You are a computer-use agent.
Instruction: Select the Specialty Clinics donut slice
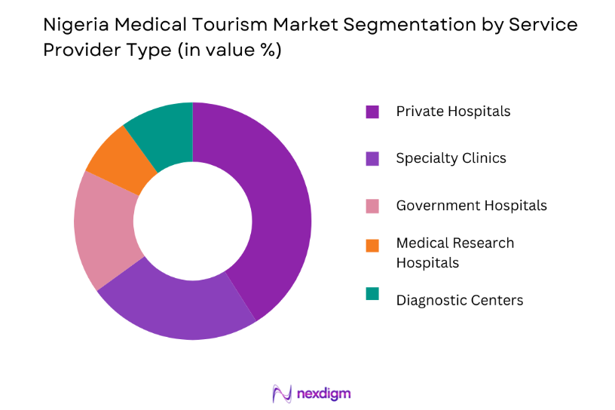pyautogui.click(x=181, y=305)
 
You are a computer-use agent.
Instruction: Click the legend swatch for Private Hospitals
pyautogui.click(x=372, y=112)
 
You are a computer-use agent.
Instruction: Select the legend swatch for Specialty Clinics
pyautogui.click(x=372, y=158)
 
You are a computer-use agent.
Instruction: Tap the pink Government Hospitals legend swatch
pyautogui.click(x=372, y=206)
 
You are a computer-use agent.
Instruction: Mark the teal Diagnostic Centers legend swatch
pyautogui.click(x=372, y=293)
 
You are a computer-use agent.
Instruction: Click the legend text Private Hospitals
pyautogui.click(x=453, y=112)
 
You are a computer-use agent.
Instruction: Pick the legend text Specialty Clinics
pyautogui.click(x=451, y=158)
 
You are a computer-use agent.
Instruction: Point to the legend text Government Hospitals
pyautogui.click(x=471, y=206)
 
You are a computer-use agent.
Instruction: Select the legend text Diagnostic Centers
pyautogui.click(x=459, y=300)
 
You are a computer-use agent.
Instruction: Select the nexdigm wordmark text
pyautogui.click(x=324, y=393)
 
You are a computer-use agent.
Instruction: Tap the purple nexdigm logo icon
pyautogui.click(x=281, y=393)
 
